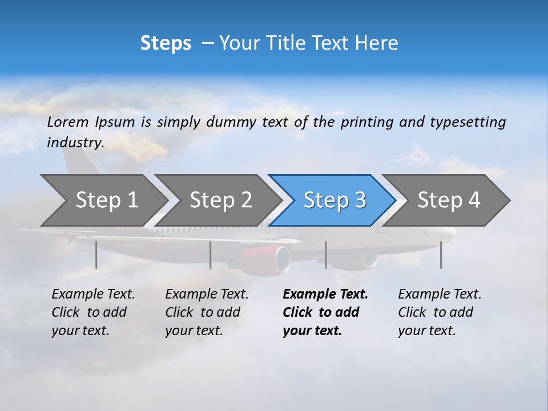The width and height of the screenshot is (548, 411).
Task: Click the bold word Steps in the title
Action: point(166,43)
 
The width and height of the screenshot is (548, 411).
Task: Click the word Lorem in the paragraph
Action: point(68,122)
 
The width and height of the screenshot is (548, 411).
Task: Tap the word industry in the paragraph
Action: point(75,142)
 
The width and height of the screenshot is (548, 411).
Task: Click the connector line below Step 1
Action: point(96,255)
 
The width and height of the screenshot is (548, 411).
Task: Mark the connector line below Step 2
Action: point(211,255)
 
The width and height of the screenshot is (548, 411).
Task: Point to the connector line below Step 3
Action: point(325,255)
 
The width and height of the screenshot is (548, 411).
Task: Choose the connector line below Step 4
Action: point(441,255)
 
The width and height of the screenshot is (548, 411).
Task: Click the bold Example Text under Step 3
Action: point(325,295)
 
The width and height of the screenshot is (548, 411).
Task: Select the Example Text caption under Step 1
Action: point(93,295)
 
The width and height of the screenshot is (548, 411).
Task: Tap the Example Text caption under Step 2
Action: point(207,295)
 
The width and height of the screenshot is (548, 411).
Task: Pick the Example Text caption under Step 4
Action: point(440,295)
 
